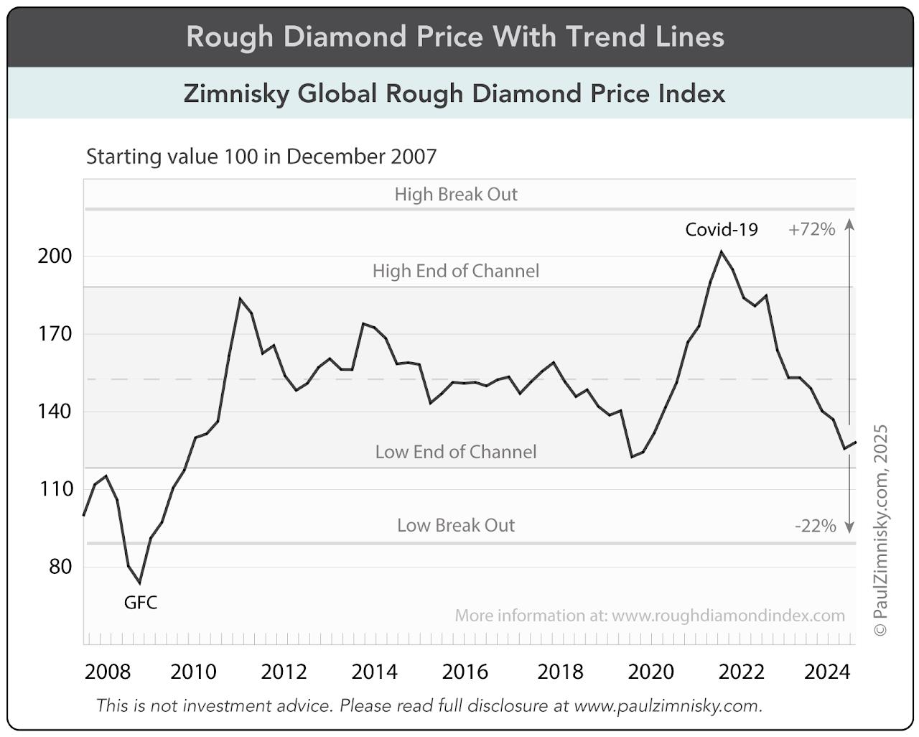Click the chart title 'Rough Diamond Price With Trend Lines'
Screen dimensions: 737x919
pos(455,37)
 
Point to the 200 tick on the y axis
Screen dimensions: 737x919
pos(55,256)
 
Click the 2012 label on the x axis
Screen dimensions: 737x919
pos(284,672)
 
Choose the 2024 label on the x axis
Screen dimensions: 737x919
pos(827,672)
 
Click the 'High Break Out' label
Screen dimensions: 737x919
pos(456,195)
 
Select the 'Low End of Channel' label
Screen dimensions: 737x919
pos(456,452)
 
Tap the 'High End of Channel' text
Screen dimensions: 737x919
pos(456,271)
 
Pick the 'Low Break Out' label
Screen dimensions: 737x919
pos(456,525)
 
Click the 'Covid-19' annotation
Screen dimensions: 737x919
pos(722,229)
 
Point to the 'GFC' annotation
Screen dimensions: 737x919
pos(141,603)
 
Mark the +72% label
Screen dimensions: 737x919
pos(811,229)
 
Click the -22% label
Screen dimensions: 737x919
pos(816,526)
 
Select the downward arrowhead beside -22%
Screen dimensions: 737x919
pos(849,528)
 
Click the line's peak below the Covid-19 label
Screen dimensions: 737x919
pos(722,251)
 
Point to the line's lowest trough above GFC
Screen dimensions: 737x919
pos(139,583)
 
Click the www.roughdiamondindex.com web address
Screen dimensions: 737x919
pos(728,616)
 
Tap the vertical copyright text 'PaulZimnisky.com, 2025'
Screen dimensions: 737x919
pos(881,530)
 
